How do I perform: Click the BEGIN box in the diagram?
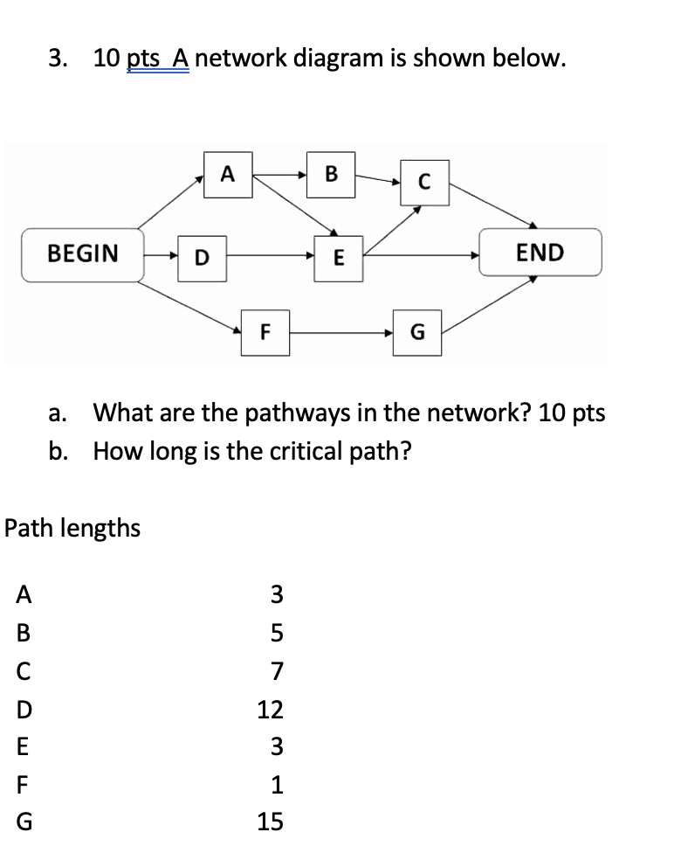(83, 254)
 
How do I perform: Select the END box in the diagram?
(540, 253)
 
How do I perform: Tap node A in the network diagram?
(227, 173)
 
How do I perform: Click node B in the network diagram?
(331, 173)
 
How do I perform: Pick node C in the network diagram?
(424, 183)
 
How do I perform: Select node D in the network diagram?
(202, 257)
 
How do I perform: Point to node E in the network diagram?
(339, 257)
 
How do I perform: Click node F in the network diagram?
(265, 332)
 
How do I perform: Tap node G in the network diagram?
(416, 332)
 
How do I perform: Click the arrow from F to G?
(340, 333)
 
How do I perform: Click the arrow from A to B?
(279, 175)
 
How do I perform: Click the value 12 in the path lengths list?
(270, 710)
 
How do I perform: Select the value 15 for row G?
(270, 822)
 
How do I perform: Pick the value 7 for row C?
(277, 672)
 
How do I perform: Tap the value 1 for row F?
(277, 785)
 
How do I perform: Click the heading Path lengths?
(72, 529)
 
